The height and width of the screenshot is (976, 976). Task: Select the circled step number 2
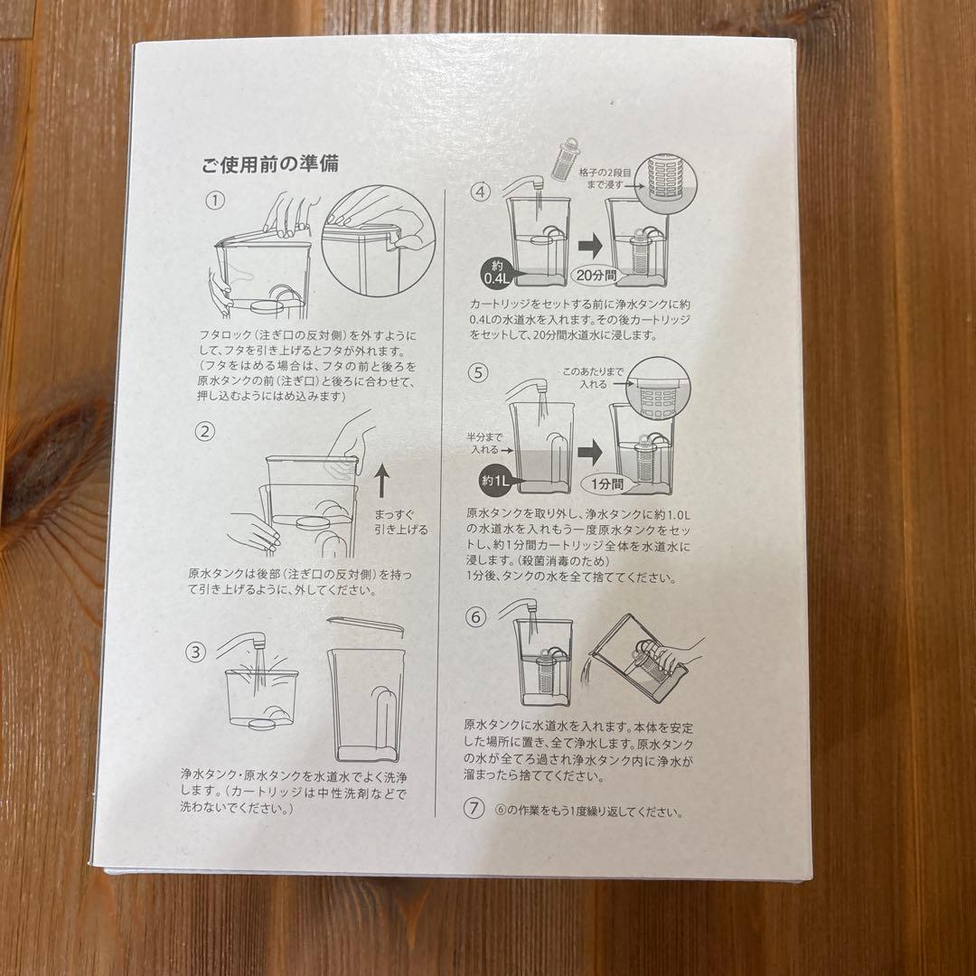coord(206,431)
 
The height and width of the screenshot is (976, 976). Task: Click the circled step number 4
coord(481,192)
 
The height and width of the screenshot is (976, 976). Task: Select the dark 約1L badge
coord(493,480)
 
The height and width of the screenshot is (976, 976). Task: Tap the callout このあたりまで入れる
coord(593,378)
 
